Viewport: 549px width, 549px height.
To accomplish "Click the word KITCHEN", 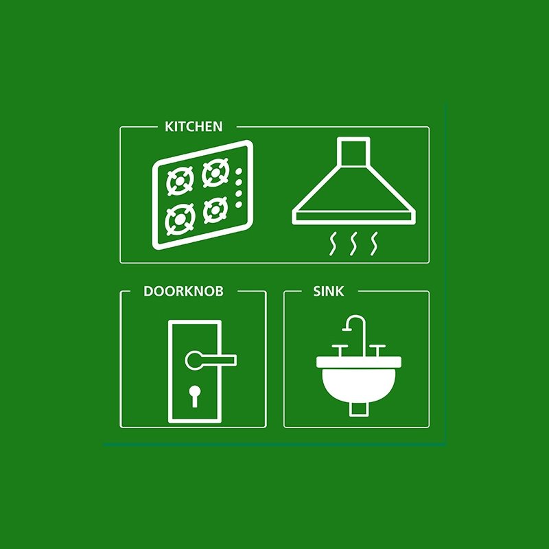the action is pos(194,126).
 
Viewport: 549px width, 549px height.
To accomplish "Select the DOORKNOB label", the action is pos(183,291).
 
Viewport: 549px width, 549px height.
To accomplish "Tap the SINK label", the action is pos(328,291).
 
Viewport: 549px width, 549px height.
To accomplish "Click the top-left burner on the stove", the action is pos(180,180).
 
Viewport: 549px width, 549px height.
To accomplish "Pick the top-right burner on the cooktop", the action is pos(215,173).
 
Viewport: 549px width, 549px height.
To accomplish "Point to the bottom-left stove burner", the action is pos(180,220).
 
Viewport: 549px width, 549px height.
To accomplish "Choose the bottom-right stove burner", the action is pos(215,210).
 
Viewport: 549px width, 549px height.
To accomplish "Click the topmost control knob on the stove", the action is pos(239,172).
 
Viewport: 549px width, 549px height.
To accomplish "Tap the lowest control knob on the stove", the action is pos(239,205).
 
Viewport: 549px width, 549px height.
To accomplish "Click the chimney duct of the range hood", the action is pos(353,151).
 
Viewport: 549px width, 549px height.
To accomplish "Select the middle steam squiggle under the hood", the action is pos(354,244).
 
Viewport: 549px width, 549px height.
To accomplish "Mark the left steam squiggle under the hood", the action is pos(333,244).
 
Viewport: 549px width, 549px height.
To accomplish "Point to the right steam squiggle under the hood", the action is pos(375,244).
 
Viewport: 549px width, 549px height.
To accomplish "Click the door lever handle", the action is pos(211,360).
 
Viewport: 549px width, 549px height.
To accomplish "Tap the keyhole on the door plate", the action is pos(195,396).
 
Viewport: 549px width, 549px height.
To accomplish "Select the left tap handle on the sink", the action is pos(340,350).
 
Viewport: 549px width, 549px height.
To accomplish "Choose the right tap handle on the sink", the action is pos(377,350).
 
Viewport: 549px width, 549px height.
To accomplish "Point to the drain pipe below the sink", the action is pos(359,410).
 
